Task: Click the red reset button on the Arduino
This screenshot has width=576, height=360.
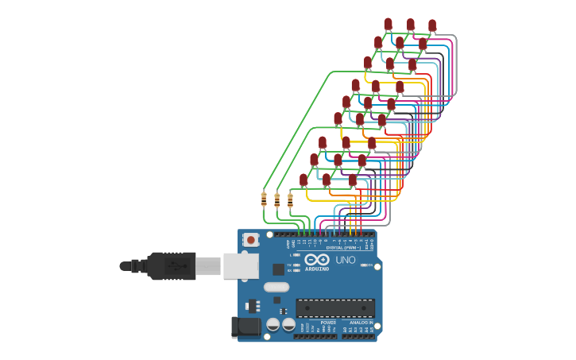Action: point(251,239)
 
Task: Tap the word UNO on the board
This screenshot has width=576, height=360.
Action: point(346,260)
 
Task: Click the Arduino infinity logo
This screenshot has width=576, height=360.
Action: point(316,259)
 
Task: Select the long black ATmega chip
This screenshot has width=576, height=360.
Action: point(334,308)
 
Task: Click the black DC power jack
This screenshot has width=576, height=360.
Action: point(245,327)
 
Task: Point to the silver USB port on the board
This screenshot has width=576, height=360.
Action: point(240,265)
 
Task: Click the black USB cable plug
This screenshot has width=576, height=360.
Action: point(171,265)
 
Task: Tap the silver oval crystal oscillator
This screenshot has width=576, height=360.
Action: point(276,287)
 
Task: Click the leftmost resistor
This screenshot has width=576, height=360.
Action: point(264,199)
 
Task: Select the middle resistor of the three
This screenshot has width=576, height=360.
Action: point(276,199)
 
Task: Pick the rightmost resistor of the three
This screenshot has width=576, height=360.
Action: point(290,199)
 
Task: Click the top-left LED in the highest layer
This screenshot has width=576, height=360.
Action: point(388,25)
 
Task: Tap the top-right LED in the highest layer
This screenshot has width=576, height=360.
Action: point(432,26)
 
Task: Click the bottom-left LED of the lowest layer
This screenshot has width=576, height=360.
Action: point(303,180)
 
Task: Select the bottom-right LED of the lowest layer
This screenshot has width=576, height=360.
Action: point(353,180)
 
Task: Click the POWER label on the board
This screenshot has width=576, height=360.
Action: point(306,323)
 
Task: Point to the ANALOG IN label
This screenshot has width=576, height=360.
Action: point(361,323)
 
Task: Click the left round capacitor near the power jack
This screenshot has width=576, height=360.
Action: point(273,324)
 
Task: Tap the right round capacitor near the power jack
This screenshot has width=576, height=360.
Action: point(288,324)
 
